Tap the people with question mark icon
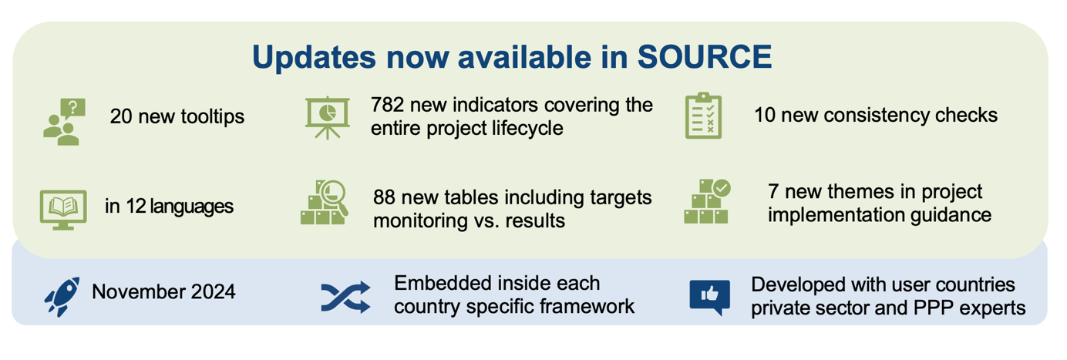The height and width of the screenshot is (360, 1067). (64, 122)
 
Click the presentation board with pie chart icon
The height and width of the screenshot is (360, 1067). (328, 118)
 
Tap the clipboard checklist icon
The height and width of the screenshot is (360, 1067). (703, 116)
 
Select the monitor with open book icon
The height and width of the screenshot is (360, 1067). (62, 209)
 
